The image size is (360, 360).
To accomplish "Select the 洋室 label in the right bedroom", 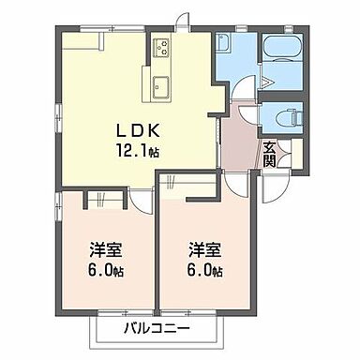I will click(x=204, y=251).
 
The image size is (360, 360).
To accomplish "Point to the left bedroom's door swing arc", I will click(x=138, y=199).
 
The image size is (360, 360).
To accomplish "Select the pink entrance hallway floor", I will click(x=240, y=145).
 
